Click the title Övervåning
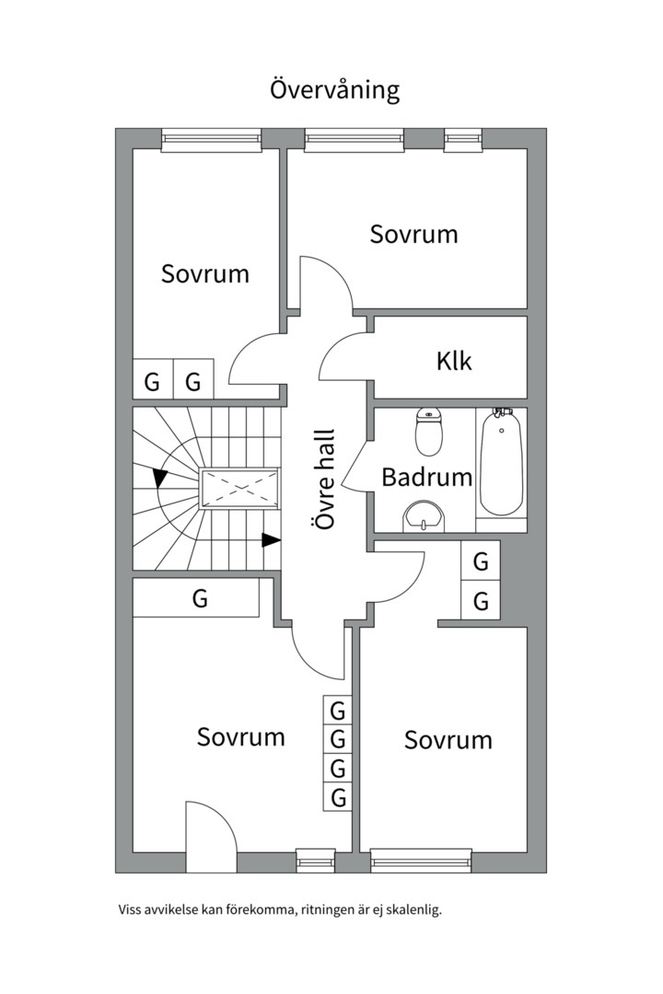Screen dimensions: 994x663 (334, 90)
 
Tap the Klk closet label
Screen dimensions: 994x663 (454, 361)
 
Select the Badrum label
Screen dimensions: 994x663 (426, 478)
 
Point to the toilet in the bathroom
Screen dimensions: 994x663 (429, 433)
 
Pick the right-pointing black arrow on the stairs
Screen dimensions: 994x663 (271, 540)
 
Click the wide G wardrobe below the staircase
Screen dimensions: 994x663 (200, 599)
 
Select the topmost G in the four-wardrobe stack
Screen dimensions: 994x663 (338, 711)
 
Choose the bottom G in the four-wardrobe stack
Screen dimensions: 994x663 (338, 797)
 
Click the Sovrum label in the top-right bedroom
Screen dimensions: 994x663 (413, 234)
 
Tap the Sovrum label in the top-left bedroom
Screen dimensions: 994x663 (204, 273)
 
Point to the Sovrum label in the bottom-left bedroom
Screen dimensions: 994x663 (240, 736)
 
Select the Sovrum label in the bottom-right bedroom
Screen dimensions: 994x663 (448, 740)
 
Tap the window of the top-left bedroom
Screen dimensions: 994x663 (211, 140)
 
